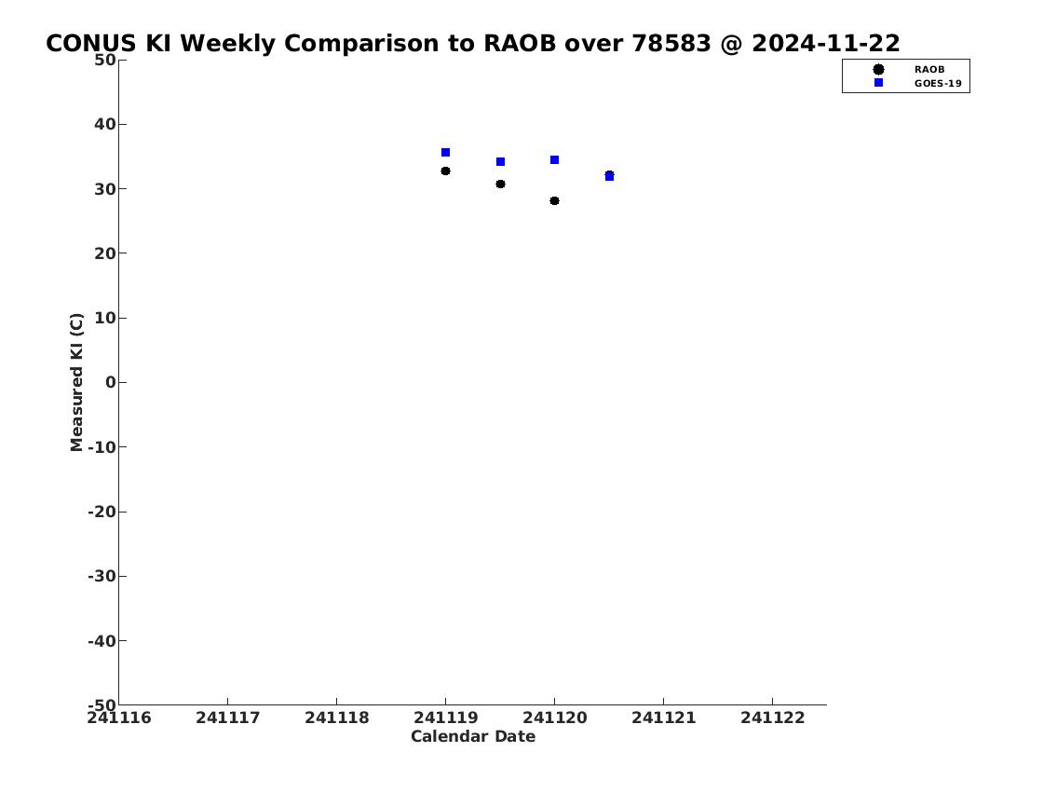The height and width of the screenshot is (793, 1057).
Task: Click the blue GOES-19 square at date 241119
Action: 445,153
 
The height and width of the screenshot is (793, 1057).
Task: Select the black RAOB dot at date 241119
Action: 445,171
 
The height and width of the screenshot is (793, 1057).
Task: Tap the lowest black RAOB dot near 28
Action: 554,201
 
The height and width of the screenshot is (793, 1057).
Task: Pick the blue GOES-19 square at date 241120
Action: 554,160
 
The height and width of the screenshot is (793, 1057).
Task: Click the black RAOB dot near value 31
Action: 500,185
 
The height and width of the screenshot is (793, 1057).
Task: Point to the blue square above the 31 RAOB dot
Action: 500,162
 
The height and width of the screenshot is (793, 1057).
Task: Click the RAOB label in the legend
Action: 929,70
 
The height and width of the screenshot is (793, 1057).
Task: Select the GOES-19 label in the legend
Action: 938,84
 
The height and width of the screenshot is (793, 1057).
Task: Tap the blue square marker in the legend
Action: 878,82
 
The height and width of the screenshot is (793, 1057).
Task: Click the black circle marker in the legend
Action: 878,70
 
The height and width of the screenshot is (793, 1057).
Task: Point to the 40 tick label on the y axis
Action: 105,124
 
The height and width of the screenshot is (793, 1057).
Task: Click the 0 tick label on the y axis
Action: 111,382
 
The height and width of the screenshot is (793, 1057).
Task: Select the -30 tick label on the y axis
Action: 102,576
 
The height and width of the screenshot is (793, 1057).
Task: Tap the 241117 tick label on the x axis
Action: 228,718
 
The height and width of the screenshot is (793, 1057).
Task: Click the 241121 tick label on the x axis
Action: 663,718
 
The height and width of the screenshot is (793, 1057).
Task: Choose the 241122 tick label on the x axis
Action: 773,718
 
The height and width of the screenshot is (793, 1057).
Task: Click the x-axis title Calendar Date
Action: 473,736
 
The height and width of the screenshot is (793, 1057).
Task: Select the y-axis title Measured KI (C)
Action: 77,382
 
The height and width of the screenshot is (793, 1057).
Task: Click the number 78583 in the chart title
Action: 671,43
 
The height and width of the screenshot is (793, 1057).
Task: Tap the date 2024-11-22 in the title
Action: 826,43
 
